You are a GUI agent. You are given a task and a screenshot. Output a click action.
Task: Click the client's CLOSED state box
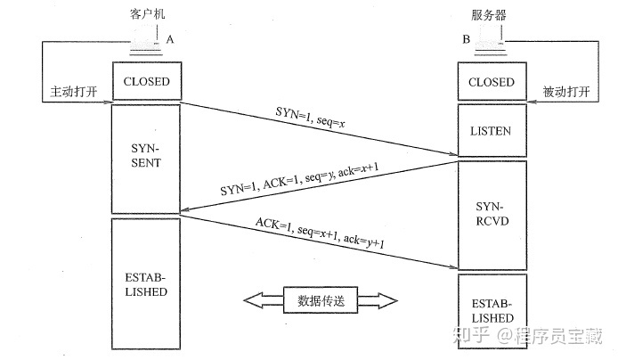[147, 81]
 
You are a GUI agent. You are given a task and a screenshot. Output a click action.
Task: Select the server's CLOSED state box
[492, 81]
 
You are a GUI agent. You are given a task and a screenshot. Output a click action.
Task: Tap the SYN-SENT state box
[146, 159]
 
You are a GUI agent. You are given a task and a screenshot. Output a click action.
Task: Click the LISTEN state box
[492, 130]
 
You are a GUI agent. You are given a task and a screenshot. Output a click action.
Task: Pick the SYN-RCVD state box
[492, 215]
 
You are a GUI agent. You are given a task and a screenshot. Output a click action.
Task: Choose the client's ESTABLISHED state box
[146, 284]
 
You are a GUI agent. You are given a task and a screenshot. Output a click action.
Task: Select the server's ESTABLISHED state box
[492, 311]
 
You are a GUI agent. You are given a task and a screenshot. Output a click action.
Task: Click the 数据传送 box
[321, 300]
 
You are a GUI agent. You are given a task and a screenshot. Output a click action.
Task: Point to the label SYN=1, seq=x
[310, 117]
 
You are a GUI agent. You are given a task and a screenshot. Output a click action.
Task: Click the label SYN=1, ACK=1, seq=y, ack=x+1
[299, 179]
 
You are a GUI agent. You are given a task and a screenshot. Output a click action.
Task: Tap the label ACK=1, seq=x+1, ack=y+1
[320, 233]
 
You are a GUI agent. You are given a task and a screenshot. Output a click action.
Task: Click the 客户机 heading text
[148, 14]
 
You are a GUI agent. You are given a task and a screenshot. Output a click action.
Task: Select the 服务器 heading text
[489, 15]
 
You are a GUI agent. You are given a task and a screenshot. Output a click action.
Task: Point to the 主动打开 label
[74, 92]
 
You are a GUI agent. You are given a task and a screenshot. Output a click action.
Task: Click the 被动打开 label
[566, 92]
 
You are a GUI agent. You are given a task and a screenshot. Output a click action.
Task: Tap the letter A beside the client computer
[170, 39]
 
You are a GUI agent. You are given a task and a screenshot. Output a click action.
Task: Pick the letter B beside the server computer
[467, 39]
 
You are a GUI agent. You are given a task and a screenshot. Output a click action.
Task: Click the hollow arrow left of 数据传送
[264, 300]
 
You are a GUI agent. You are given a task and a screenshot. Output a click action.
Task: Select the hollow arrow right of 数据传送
[378, 300]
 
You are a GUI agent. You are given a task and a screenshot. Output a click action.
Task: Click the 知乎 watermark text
[471, 336]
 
